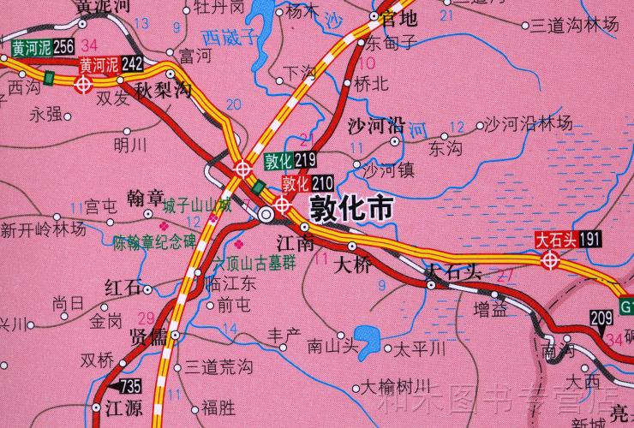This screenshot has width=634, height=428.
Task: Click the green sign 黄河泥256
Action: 43,47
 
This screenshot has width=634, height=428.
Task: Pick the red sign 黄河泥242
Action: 111,63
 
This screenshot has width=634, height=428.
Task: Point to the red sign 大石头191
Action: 566,240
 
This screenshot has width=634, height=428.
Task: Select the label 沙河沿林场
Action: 529,124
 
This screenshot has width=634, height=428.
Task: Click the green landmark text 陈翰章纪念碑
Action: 154,242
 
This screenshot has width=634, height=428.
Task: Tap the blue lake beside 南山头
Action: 368,342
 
